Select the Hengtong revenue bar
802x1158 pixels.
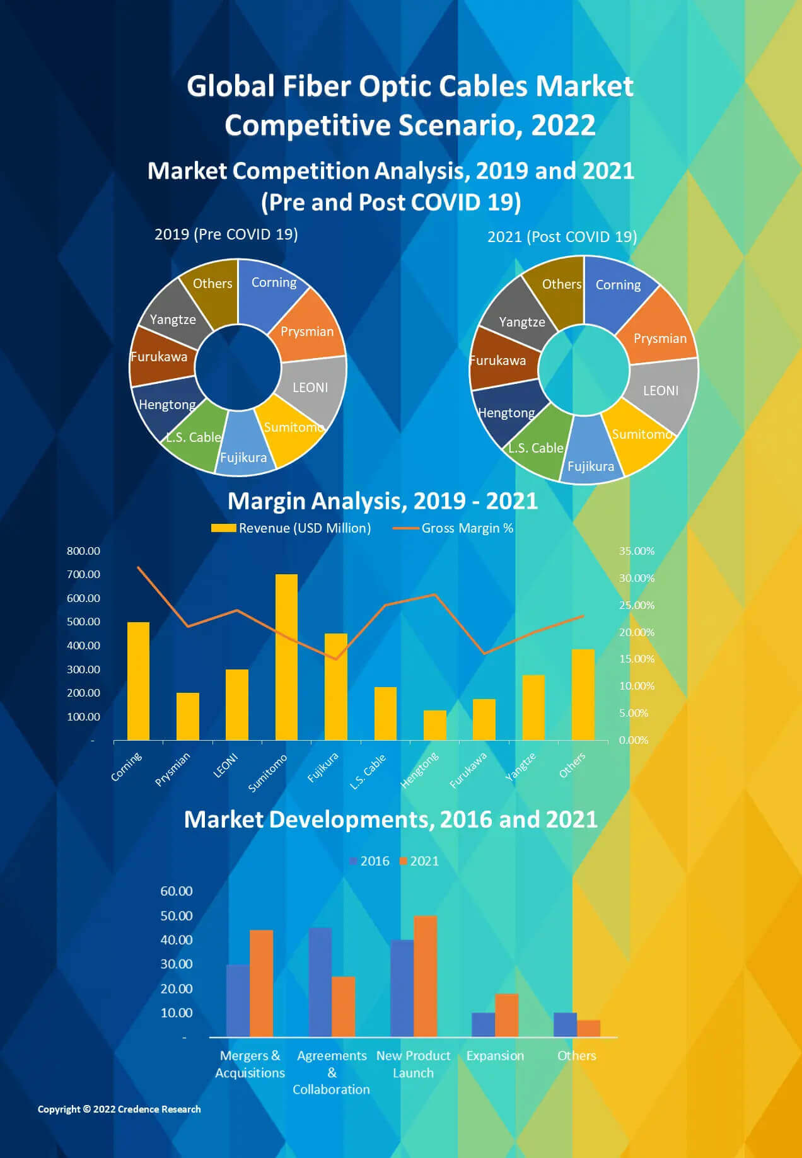click(x=434, y=725)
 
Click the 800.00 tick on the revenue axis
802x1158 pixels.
click(x=83, y=551)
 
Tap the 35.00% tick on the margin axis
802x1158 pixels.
click(x=636, y=551)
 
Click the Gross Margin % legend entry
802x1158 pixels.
click(x=467, y=528)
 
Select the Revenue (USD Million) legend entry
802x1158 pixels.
click(x=305, y=528)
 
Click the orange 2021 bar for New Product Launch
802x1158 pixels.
click(x=425, y=976)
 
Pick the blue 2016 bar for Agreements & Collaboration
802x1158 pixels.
click(x=320, y=981)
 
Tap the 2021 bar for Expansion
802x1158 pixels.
click(x=506, y=1015)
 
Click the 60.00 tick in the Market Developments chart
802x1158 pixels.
click(x=176, y=891)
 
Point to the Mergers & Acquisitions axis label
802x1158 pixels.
click(x=250, y=1064)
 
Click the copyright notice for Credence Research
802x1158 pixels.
click(x=119, y=1109)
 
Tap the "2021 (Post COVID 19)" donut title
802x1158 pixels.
click(x=562, y=237)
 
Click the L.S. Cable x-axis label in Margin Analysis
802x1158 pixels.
click(x=369, y=771)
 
